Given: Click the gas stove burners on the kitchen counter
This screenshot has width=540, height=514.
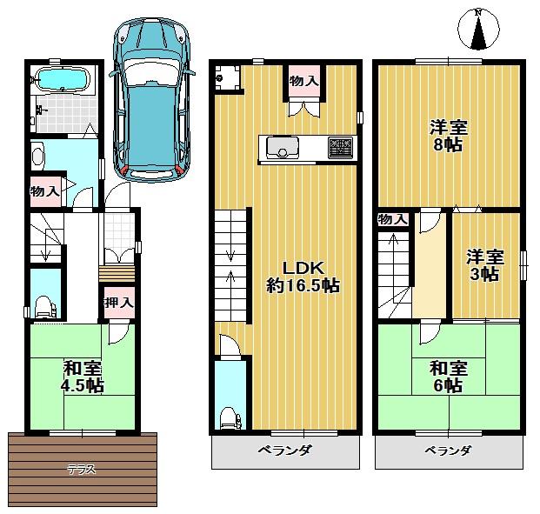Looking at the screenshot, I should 339,148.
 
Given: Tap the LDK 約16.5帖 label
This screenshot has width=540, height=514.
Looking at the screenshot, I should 302,276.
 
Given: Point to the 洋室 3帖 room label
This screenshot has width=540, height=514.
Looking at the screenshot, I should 484,265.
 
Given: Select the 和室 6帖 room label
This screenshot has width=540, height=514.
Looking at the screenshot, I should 448,376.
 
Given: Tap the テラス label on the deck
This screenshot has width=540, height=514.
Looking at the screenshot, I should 82,470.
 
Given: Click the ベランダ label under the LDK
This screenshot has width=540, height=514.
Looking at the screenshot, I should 285,451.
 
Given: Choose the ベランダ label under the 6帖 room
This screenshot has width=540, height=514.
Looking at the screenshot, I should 448,451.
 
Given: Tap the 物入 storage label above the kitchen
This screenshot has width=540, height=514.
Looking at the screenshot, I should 303,80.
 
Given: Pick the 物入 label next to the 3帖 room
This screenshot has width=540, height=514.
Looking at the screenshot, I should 392,220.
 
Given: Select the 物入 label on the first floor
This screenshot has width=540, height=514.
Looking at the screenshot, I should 44,190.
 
